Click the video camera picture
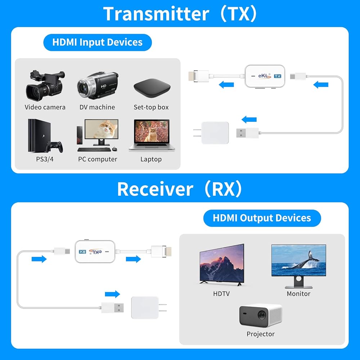45,85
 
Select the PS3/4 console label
45,159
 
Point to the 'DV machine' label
97,107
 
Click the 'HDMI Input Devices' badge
97,42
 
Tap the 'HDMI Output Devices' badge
262,218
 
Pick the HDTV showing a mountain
222,265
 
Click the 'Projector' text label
261,334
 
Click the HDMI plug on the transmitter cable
199,76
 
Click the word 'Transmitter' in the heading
156,14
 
